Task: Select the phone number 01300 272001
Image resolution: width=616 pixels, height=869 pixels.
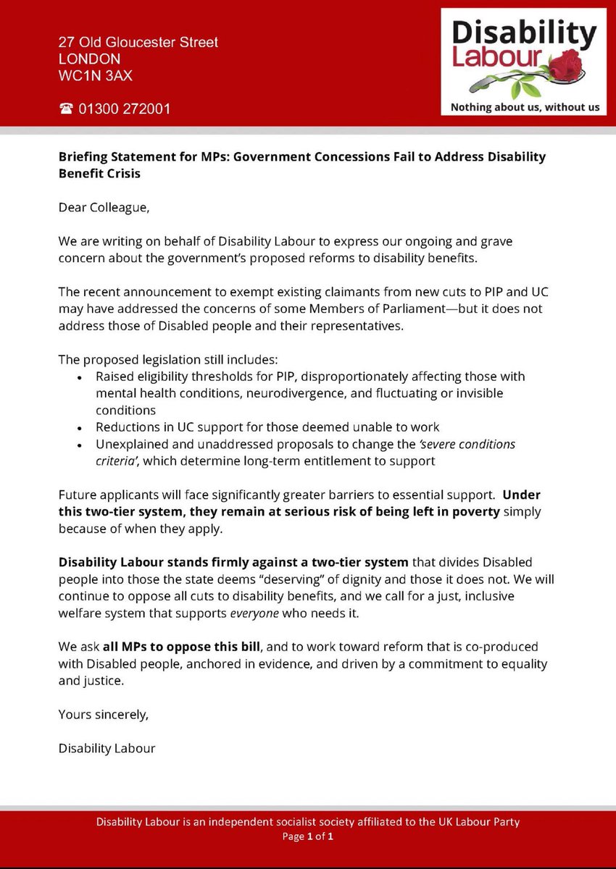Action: tap(122, 109)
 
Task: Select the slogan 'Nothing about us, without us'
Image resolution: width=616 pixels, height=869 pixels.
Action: tap(525, 107)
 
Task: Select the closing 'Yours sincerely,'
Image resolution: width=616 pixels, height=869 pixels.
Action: tap(104, 715)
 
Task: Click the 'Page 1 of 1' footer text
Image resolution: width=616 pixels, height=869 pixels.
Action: tap(308, 836)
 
